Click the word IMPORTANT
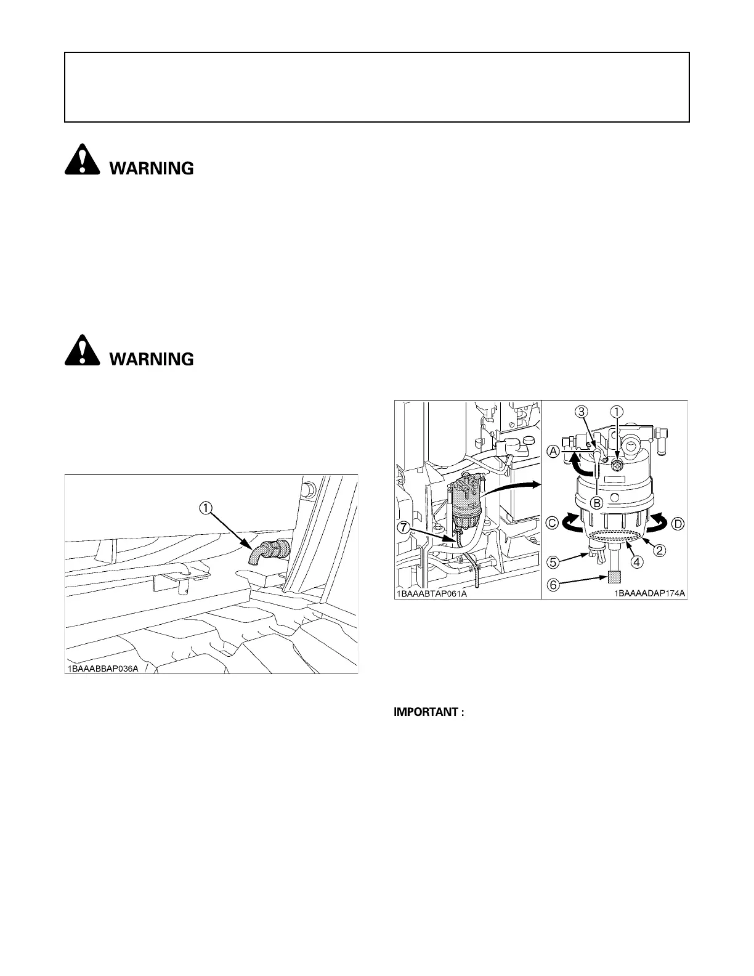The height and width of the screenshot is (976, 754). tap(428, 712)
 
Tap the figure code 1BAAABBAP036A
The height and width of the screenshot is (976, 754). tap(103, 668)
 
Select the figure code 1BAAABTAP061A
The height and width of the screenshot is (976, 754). tap(432, 594)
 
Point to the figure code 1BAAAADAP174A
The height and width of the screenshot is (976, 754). tap(649, 594)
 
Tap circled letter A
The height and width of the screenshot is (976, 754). tap(553, 451)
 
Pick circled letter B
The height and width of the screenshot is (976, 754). tap(596, 502)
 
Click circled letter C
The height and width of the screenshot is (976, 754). tap(553, 523)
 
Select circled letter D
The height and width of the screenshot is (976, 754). tap(677, 523)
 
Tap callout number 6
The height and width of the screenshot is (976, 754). tap(553, 585)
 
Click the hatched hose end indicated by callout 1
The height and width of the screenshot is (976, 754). tap(254, 554)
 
